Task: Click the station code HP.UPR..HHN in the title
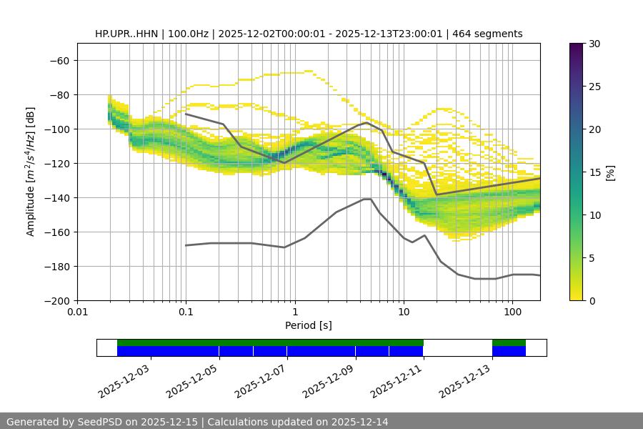[x=126, y=34]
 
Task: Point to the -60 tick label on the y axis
[x=59, y=61]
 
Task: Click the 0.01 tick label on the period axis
[x=77, y=312]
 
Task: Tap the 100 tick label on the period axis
[x=512, y=312]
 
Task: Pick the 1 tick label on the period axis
[x=294, y=312]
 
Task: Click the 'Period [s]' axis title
[x=308, y=325]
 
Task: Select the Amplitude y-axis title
[x=31, y=172]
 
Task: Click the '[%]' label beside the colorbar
[x=610, y=172]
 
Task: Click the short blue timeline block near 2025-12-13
[x=509, y=351]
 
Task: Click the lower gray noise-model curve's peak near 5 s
[x=367, y=199]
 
